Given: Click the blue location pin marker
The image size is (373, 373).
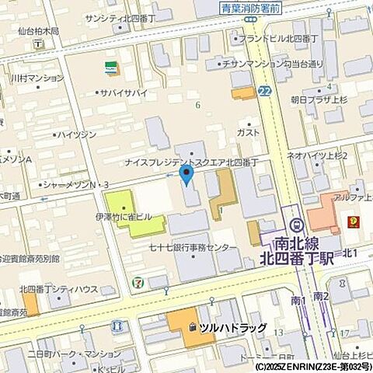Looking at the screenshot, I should [186, 174].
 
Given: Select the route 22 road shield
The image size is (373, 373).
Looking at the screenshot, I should [266, 91].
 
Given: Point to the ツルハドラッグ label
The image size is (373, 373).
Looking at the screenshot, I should [232, 328].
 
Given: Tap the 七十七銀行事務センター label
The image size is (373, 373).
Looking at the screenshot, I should [193, 247].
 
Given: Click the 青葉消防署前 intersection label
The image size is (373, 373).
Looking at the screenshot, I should [249, 10].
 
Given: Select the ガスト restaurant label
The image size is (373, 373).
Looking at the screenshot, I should [248, 133].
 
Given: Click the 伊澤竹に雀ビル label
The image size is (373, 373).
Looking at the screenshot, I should [129, 218].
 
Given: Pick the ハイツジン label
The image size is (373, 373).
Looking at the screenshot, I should [77, 134].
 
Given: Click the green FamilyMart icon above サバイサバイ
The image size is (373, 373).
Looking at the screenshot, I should [113, 66].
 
